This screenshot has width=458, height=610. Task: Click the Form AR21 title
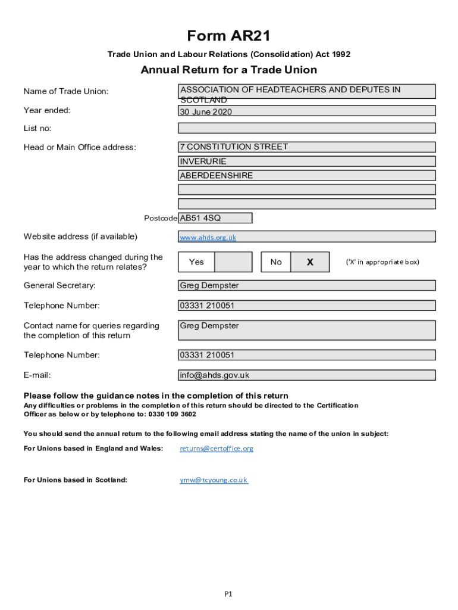coord(228,36)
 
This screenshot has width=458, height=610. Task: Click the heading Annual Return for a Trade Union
coord(228,70)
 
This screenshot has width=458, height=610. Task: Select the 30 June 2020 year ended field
coord(306,111)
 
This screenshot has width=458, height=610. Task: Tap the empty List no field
coord(306,128)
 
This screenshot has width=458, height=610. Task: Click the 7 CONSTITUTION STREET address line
coord(306,147)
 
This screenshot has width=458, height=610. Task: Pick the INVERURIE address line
coord(306,161)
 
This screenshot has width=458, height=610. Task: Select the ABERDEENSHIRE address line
coord(306,175)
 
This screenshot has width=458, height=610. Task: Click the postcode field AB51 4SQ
coord(215,218)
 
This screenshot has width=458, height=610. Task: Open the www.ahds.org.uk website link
coord(208,237)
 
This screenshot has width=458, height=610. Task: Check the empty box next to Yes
coord(233,262)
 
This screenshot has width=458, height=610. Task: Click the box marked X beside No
coord(310,262)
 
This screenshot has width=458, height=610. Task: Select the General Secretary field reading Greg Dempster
coord(306,285)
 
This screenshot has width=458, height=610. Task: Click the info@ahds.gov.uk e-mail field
coord(306,375)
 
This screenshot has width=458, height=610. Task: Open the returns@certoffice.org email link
coord(217,449)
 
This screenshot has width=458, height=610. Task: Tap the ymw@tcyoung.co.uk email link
coord(214,480)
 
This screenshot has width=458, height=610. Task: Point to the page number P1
coord(228,594)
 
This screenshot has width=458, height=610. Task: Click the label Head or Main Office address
coord(80,148)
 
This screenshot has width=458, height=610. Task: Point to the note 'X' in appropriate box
coord(382,262)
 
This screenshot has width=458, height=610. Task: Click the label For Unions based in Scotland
coord(75,480)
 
